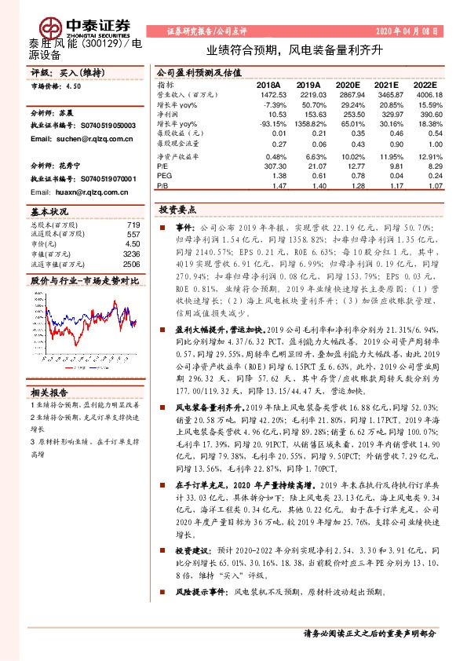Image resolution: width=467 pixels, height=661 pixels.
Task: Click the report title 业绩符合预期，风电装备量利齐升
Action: click(294, 49)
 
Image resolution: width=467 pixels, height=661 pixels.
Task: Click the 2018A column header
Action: click(269, 84)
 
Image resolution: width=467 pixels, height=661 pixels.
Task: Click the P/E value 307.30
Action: click(269, 166)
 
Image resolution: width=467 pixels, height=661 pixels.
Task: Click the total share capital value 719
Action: click(133, 225)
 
